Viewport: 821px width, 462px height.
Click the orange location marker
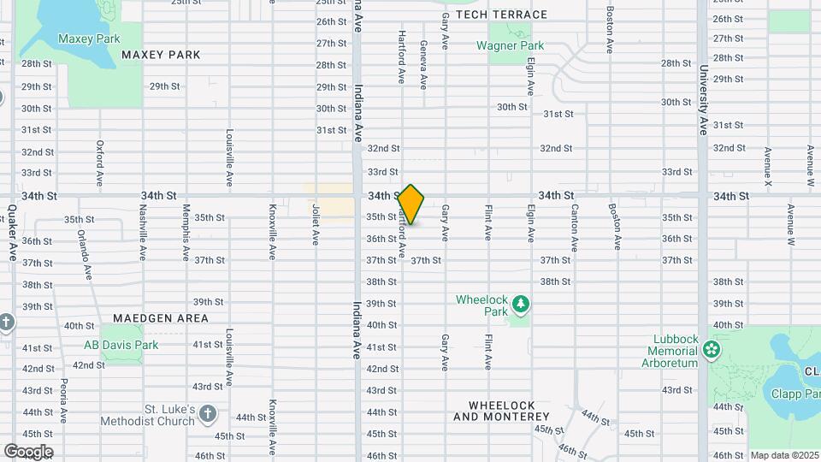click(x=411, y=204)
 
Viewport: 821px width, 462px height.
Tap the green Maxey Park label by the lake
click(x=88, y=38)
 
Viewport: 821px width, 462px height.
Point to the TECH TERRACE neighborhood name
click(x=501, y=15)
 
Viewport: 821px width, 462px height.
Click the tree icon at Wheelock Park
click(x=520, y=303)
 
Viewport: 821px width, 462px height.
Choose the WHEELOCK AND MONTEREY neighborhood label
click(x=501, y=411)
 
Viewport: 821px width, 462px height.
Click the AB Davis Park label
click(x=121, y=345)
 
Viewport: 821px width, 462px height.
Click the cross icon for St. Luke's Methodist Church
click(x=208, y=416)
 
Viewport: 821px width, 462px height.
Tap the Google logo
click(x=28, y=452)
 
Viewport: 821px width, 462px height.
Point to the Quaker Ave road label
click(x=12, y=233)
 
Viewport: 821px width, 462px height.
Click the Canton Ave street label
click(x=575, y=228)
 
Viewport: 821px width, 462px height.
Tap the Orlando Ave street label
click(x=86, y=253)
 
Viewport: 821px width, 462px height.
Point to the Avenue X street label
click(x=768, y=168)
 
